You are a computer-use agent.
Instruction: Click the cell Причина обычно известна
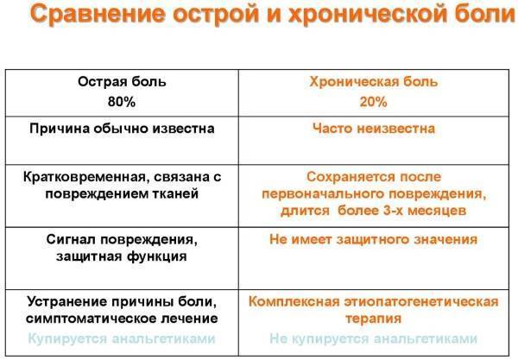tap(123, 129)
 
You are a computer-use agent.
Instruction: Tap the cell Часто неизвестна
tap(374, 129)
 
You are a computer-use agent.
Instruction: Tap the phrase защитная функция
tap(123, 256)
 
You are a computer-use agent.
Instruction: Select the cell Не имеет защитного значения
tap(374, 239)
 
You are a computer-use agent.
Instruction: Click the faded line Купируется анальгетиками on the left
tap(123, 338)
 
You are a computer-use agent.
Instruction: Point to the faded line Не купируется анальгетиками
tap(374, 338)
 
